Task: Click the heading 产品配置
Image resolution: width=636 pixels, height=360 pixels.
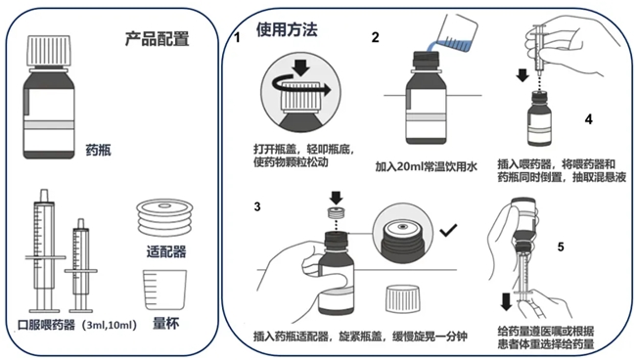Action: (x=157, y=39)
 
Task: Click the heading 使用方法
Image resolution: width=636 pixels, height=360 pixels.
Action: (x=287, y=29)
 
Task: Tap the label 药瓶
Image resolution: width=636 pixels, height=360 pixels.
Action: (x=98, y=151)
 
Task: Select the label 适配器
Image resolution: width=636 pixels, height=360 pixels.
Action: (x=166, y=251)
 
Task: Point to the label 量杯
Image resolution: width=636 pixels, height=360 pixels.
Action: (x=165, y=323)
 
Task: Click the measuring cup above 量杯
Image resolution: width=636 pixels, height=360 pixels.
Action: (x=164, y=291)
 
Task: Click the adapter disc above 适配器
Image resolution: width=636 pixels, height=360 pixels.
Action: (x=164, y=217)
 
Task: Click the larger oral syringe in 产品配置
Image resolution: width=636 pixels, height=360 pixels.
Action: (x=44, y=251)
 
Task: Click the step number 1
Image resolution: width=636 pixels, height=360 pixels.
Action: (x=238, y=38)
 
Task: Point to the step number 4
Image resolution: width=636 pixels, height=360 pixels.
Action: (x=588, y=119)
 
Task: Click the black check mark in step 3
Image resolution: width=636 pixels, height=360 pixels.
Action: (x=448, y=230)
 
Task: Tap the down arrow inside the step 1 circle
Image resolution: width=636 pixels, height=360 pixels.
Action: (x=300, y=67)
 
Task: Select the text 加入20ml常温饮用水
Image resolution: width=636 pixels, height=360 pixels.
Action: (x=426, y=166)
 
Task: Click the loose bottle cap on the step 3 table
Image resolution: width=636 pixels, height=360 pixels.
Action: (x=403, y=299)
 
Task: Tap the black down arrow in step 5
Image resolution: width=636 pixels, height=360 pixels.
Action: (x=506, y=302)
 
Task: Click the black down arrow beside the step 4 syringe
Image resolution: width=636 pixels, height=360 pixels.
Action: (x=522, y=75)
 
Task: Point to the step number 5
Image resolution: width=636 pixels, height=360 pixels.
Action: (x=561, y=247)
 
